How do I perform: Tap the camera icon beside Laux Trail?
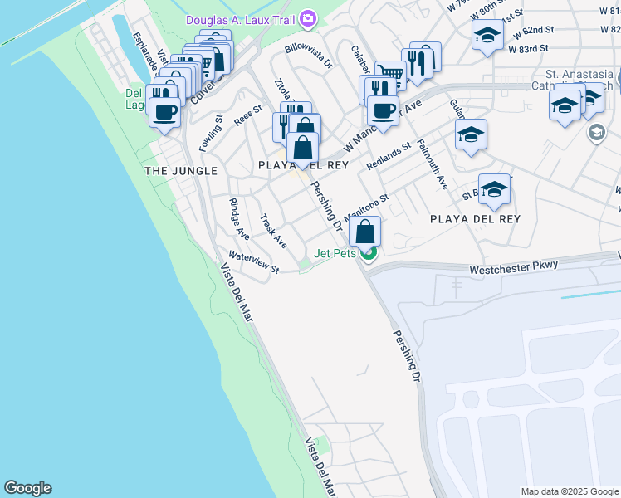[x=309, y=17]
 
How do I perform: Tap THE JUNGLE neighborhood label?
[x=181, y=170]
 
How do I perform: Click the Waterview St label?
[x=254, y=262]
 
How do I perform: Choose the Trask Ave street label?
[x=273, y=232]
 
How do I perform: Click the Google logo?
[x=27, y=488]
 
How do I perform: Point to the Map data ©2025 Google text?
[x=569, y=491]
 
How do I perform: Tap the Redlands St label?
[x=389, y=155]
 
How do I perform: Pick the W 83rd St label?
[x=530, y=49]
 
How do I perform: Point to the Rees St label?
[x=247, y=115]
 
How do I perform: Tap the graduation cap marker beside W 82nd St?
[x=487, y=36]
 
